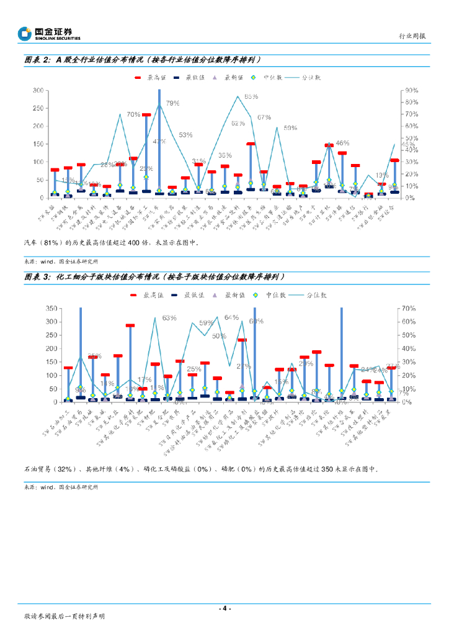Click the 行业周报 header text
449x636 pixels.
[412, 37]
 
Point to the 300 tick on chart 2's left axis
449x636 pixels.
[37, 91]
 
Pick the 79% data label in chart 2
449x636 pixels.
[172, 103]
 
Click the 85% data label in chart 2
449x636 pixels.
[251, 97]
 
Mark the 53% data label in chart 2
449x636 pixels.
[185, 135]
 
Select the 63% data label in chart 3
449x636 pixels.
[169, 318]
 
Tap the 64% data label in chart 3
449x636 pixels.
[231, 317]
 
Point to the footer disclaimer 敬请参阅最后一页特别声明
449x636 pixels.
[64, 616]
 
